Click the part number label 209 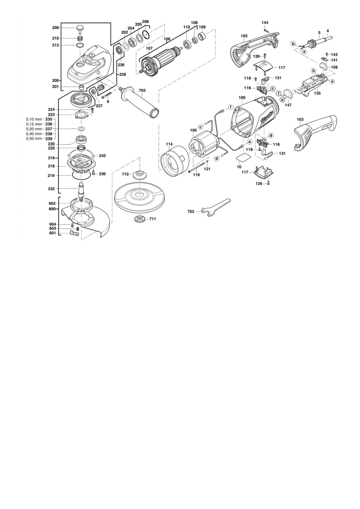click(x=56, y=28)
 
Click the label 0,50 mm click(x=34, y=138)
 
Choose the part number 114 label click(x=169, y=144)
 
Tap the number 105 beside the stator click(x=193, y=131)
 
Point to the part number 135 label click(x=318, y=93)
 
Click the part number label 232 click(x=51, y=189)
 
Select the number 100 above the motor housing click(x=242, y=97)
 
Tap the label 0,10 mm click(x=34, y=119)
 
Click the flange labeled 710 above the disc click(x=139, y=175)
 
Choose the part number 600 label click(x=52, y=208)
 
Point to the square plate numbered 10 click(x=244, y=157)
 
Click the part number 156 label click(x=334, y=67)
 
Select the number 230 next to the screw click(x=102, y=174)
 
